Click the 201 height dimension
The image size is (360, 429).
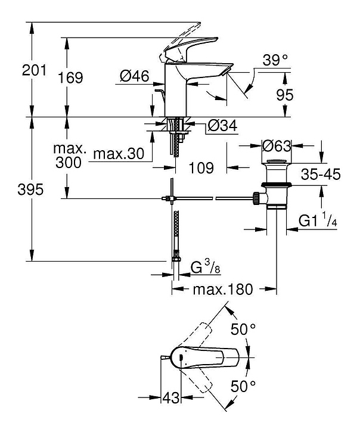[34, 70]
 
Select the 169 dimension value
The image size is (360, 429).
[70, 77]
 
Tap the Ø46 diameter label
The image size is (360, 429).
[135, 76]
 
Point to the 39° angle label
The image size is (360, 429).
[275, 60]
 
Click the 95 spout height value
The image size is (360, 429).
[285, 95]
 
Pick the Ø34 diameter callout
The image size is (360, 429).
[222, 126]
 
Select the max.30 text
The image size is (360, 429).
[119, 154]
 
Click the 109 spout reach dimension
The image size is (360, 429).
[201, 167]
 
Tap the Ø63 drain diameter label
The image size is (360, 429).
[277, 146]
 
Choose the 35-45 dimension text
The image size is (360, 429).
[321, 174]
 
